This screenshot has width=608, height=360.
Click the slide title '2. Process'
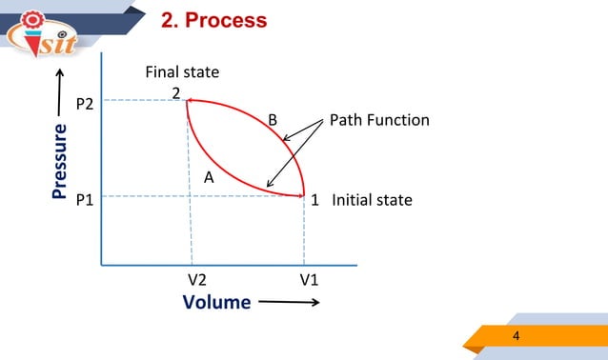point(213,20)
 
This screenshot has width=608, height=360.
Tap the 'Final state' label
point(182,72)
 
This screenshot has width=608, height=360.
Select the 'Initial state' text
point(372,200)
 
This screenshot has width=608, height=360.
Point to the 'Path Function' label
point(379,120)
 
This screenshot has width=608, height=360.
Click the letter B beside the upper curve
point(273,120)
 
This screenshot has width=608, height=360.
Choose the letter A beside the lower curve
point(209,177)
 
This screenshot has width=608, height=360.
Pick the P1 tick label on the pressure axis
point(85,200)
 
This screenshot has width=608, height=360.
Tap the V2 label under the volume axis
point(197,280)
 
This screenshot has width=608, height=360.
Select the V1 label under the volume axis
point(310,280)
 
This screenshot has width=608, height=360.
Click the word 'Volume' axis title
point(216,303)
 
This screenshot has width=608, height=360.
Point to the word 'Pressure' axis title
point(60,166)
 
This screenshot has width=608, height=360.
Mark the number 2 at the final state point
point(176,92)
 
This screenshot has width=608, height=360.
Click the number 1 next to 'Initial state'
point(314,200)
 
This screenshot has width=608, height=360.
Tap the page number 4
point(517,336)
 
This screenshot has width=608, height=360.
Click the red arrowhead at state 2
point(190,99)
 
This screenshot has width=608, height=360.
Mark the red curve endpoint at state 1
point(304,195)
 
